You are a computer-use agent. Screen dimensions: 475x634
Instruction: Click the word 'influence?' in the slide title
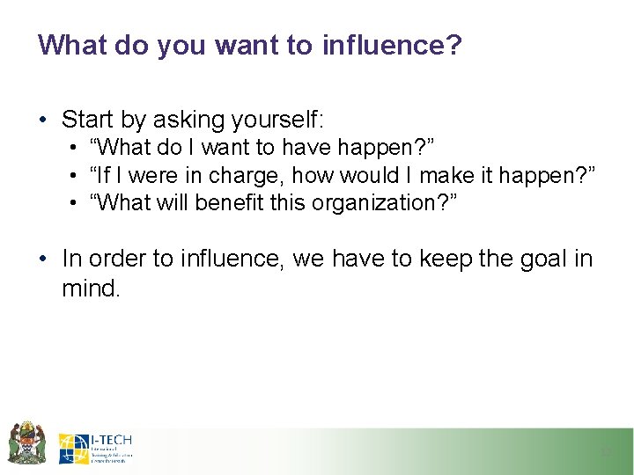(x=391, y=45)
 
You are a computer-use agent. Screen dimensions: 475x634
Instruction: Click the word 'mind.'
(x=90, y=288)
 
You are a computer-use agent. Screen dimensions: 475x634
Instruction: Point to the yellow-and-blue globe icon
(x=74, y=449)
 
